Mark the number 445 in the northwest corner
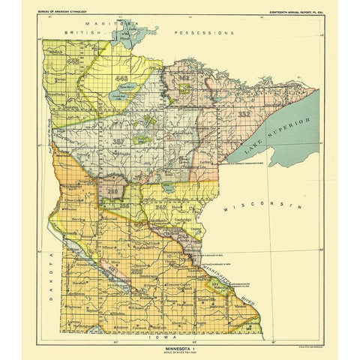[x=73, y=59]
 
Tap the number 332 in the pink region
[x=244, y=114]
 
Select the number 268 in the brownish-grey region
[x=114, y=192]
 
